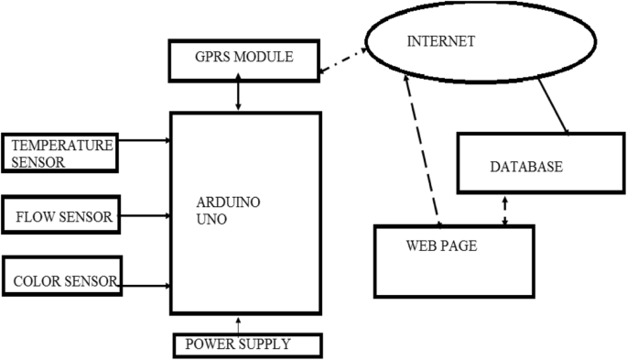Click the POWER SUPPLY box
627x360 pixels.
click(246, 344)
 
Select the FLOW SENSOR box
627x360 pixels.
click(61, 217)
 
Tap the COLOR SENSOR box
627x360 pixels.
click(61, 281)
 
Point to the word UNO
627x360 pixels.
click(211, 221)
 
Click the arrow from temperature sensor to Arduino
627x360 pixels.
click(145, 141)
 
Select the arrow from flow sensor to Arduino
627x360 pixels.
click(145, 217)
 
